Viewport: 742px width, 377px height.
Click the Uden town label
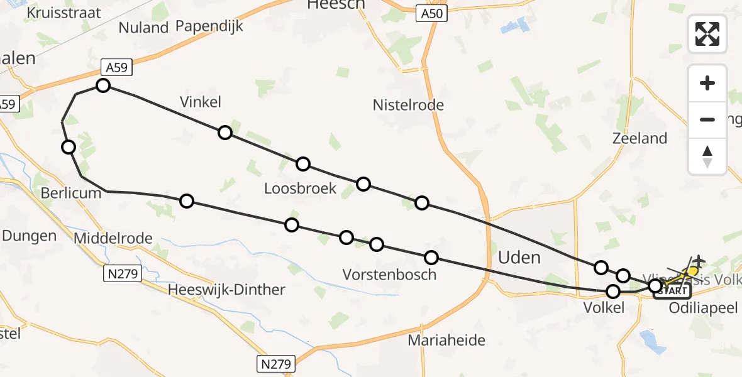click(519, 257)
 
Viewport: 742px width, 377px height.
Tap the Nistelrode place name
click(408, 105)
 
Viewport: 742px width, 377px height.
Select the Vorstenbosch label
click(389, 275)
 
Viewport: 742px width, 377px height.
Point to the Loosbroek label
click(300, 188)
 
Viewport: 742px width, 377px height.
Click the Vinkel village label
click(201, 102)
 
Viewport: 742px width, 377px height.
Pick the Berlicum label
click(70, 193)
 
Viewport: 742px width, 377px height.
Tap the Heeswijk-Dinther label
click(227, 290)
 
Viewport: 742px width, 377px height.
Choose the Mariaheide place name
click(446, 341)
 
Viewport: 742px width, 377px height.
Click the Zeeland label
click(640, 138)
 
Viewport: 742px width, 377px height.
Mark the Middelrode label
click(113, 238)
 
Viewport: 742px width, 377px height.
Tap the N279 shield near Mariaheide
click(275, 363)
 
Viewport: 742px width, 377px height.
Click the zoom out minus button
click(707, 119)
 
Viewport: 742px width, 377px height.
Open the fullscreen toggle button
click(707, 33)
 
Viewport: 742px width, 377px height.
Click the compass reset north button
click(707, 156)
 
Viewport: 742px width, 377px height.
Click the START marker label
click(673, 291)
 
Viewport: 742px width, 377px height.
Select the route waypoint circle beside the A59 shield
click(103, 85)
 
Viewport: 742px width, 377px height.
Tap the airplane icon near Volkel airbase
click(697, 260)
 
